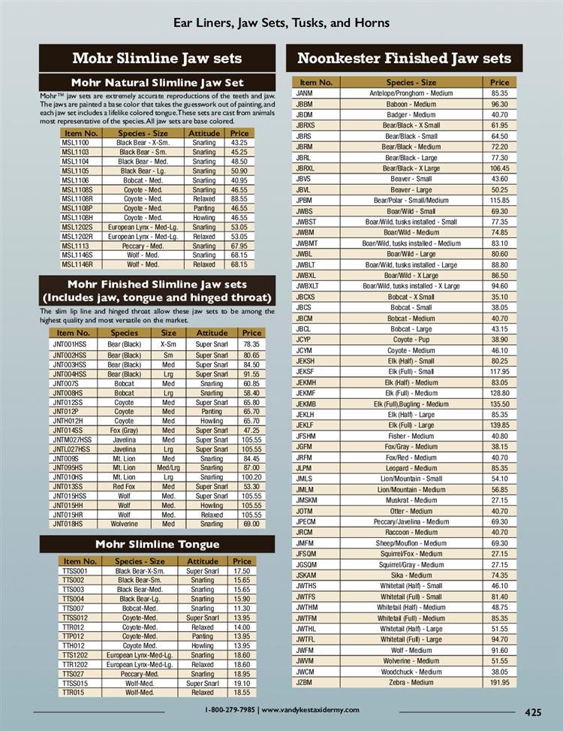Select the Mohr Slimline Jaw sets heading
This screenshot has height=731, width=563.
tap(157, 59)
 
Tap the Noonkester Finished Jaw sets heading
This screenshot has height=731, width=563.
tap(404, 59)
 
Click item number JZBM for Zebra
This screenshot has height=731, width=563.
tap(304, 682)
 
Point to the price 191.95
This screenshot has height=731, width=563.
tap(500, 682)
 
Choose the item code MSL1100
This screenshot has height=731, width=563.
tap(76, 143)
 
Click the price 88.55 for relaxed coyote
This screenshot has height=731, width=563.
tap(239, 199)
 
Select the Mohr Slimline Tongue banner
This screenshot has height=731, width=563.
tap(157, 544)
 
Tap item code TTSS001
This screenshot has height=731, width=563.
tap(80, 571)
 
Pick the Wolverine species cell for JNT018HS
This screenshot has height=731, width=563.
tap(125, 524)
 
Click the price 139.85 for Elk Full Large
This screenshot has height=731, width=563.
tap(500, 425)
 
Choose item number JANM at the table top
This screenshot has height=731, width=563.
tap(304, 93)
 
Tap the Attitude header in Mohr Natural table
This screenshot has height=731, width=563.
tap(203, 133)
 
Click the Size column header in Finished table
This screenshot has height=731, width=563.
tap(169, 333)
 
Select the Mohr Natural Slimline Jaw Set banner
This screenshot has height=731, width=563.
tap(157, 82)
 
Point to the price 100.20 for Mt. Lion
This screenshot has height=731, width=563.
tap(252, 477)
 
